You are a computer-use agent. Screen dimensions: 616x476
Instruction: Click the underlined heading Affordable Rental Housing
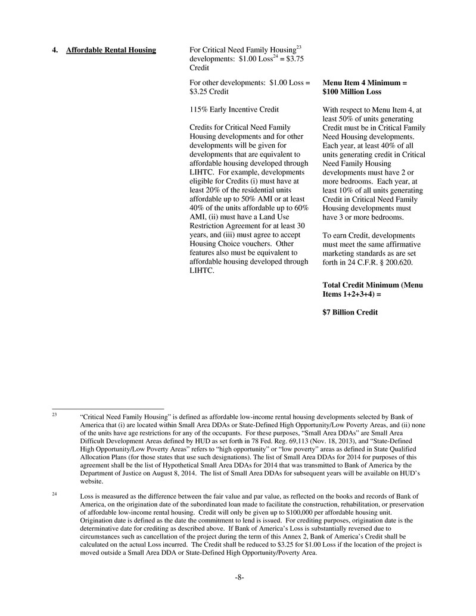111,50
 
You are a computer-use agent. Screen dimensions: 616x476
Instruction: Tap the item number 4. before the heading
55,50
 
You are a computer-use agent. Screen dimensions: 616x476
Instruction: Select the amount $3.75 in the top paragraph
293,59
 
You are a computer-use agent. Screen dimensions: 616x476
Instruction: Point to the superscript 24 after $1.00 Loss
276,57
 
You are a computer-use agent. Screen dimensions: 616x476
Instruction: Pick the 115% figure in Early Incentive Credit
198,110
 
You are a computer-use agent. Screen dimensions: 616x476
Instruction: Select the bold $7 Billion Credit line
350,312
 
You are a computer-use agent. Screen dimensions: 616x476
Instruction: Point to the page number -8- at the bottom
239,577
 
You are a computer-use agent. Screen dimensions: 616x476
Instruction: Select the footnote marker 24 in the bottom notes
54,494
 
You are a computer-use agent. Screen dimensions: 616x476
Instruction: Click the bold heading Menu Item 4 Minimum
365,83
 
